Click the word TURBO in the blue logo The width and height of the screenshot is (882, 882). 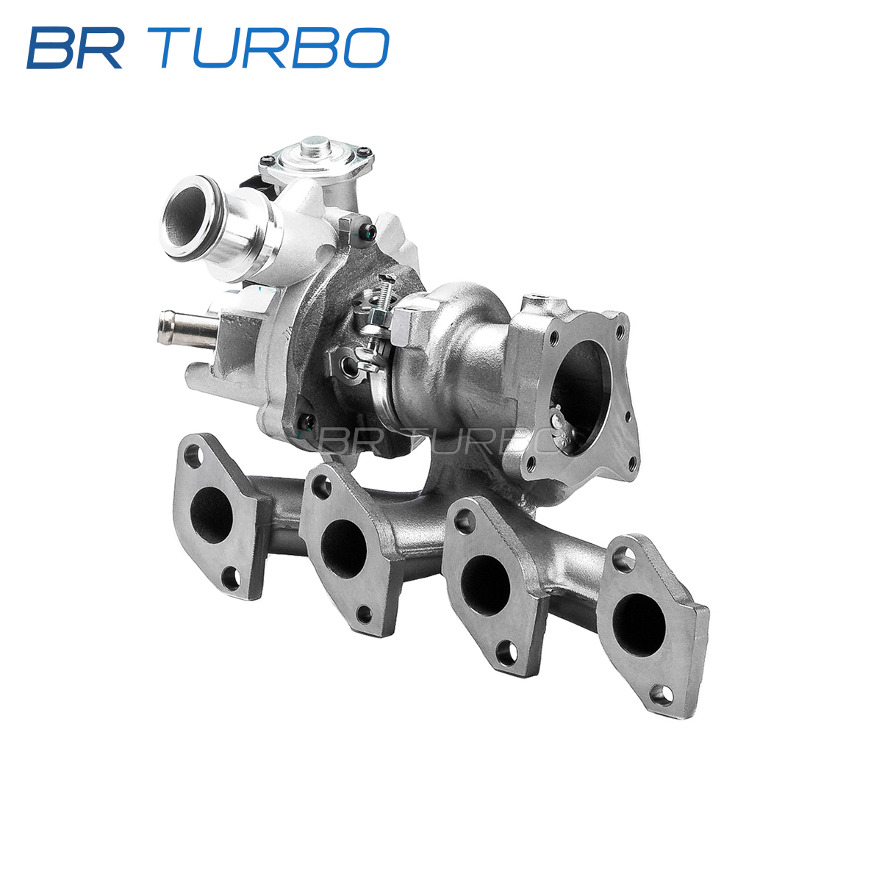[x=274, y=48]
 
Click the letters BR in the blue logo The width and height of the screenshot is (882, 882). [x=76, y=48]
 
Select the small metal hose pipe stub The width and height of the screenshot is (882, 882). [x=186, y=328]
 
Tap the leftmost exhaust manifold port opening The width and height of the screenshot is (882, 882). [x=211, y=515]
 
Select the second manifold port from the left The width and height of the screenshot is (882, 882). [x=344, y=548]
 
